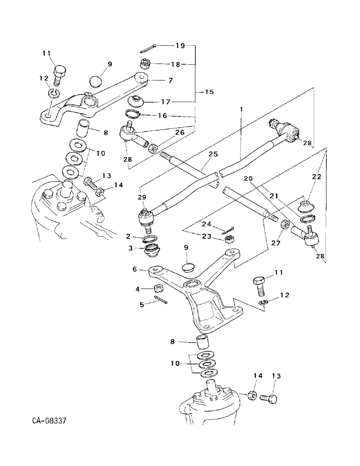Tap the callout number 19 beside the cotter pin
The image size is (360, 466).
[180, 46]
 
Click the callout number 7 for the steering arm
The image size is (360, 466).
[171, 80]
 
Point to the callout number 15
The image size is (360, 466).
[209, 92]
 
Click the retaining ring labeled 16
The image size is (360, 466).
[132, 113]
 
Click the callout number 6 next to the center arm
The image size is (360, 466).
[135, 270]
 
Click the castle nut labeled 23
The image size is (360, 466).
[228, 239]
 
